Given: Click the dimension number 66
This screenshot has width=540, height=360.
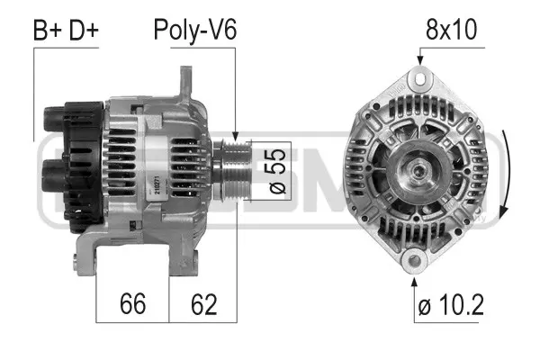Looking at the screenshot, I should (x=133, y=304).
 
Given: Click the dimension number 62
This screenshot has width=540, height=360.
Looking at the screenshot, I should (x=202, y=304).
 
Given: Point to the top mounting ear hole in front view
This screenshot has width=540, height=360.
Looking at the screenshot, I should (x=418, y=78).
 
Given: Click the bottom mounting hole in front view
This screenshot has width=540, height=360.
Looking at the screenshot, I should (x=414, y=262).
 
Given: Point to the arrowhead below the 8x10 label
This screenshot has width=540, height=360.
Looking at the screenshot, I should (x=418, y=60).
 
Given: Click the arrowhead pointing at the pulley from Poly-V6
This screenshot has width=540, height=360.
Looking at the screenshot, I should (x=235, y=136).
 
